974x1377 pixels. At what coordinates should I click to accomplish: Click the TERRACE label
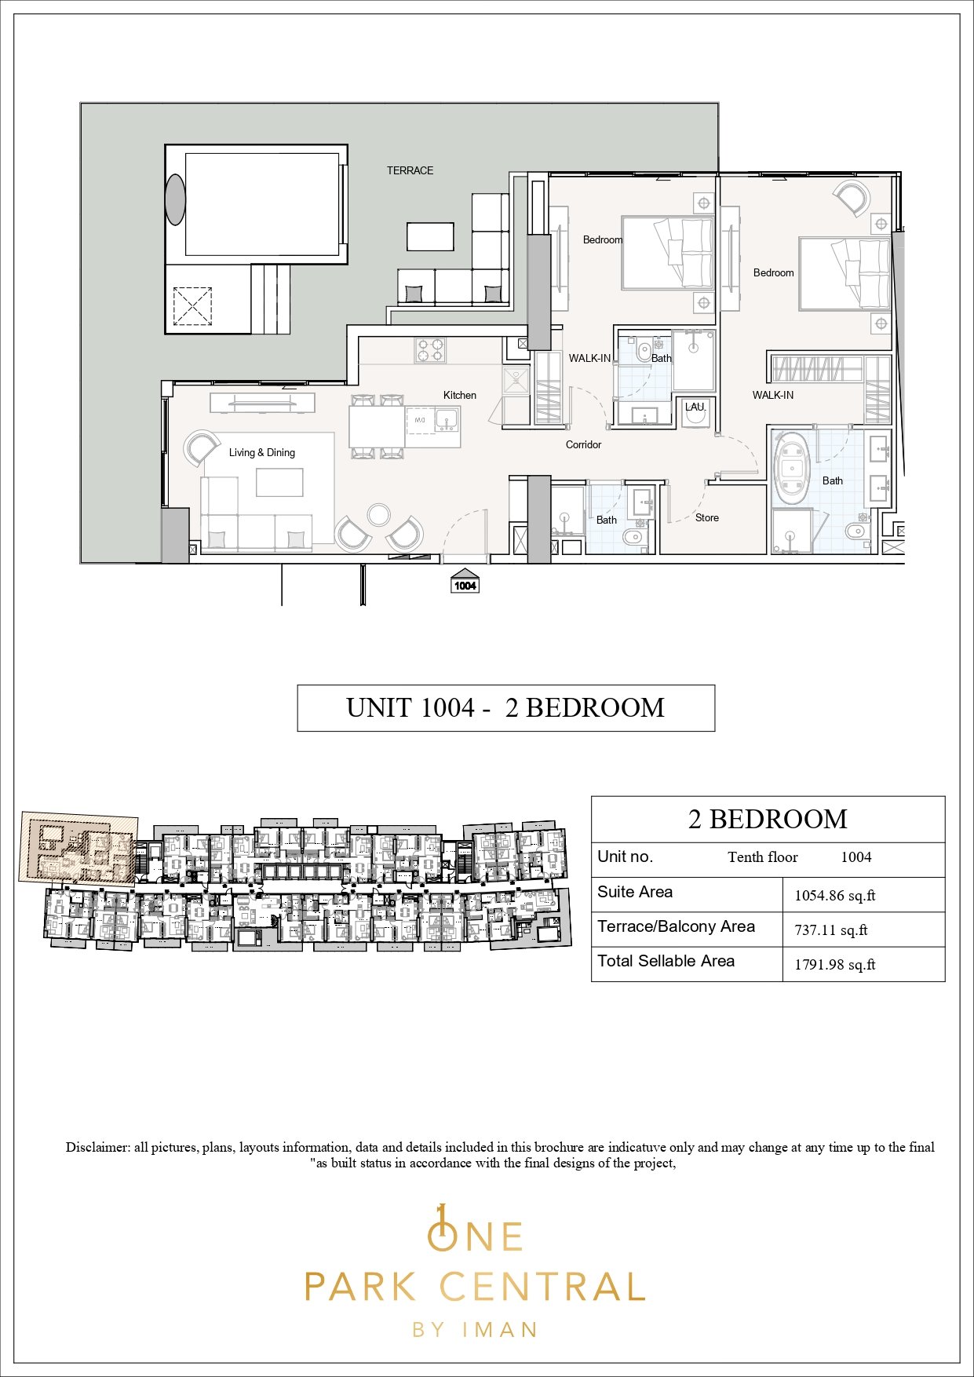(410, 170)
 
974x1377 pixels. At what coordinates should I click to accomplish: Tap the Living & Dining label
(262, 452)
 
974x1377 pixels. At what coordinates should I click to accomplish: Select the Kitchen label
(460, 395)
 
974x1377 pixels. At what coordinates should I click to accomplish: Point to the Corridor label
(583, 444)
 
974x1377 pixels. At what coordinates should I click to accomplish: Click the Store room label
(707, 517)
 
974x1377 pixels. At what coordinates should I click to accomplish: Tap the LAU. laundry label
(695, 407)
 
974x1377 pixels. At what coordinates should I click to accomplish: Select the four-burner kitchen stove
(430, 350)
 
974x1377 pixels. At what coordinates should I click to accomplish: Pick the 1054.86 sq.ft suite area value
(834, 895)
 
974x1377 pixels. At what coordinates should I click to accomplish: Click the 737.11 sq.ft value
(830, 930)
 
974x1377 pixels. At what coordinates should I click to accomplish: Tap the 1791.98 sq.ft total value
(834, 965)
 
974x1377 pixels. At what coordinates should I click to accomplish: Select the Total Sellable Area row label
(666, 961)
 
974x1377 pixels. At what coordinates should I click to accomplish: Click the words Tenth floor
(762, 857)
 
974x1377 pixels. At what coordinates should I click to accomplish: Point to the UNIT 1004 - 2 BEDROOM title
(505, 708)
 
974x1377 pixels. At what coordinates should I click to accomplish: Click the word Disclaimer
(97, 1147)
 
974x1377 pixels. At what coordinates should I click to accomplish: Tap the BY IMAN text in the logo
(475, 1329)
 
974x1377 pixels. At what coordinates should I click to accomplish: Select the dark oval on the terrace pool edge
(175, 199)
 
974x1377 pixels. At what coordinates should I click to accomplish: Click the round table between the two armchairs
(379, 514)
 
